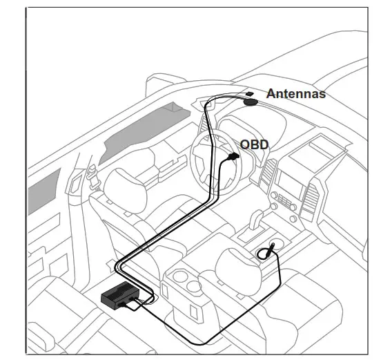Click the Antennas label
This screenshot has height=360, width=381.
click(x=295, y=93)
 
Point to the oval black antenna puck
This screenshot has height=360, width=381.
click(x=251, y=102)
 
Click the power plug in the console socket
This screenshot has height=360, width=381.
click(x=265, y=255)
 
